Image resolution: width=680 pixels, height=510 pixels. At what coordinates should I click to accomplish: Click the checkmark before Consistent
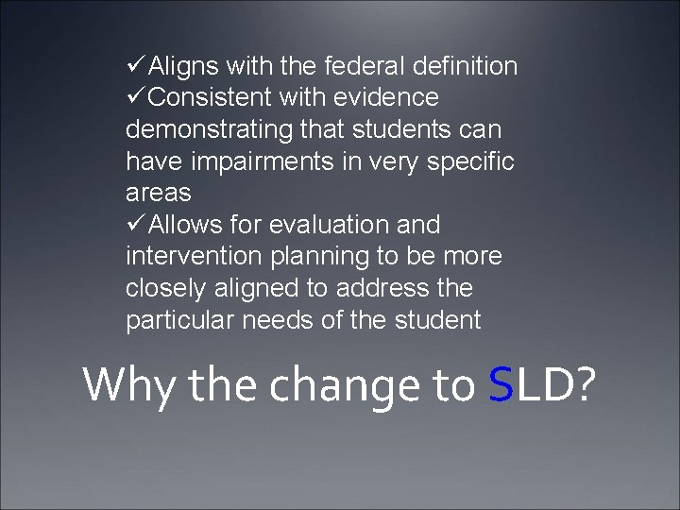pyautogui.click(x=135, y=97)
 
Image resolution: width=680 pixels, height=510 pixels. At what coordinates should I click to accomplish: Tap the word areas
pyautogui.click(x=158, y=194)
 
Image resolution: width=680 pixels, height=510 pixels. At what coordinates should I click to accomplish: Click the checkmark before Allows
pyautogui.click(x=135, y=225)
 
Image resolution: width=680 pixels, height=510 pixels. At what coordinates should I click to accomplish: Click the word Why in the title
pyautogui.click(x=126, y=384)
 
